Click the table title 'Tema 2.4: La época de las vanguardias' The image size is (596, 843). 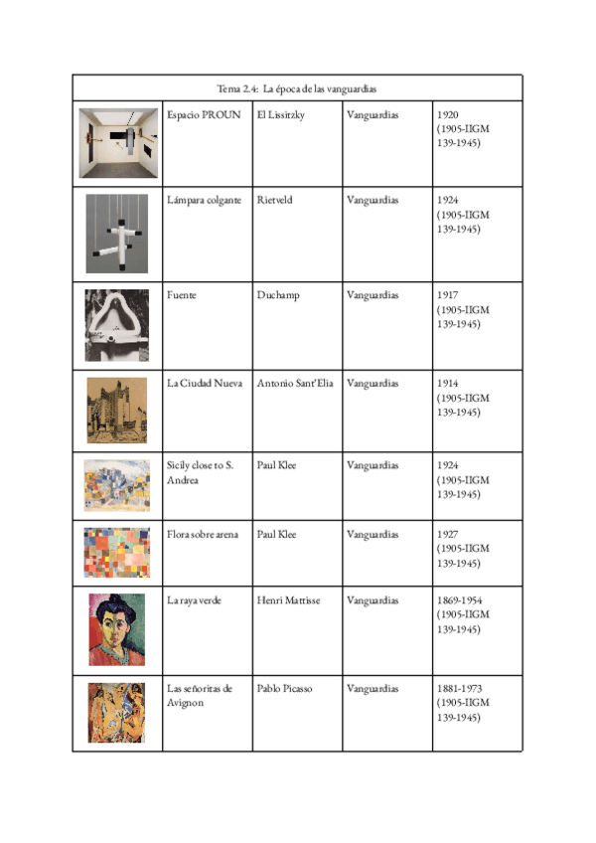296,89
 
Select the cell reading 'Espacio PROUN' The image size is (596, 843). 205,115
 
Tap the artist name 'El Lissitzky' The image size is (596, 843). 280,115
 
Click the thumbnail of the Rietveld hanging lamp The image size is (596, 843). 117,234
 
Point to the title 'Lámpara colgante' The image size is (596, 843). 204,200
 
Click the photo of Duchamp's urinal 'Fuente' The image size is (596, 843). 117,325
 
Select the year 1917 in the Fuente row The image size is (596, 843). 448,295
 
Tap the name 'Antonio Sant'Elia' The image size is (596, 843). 295,383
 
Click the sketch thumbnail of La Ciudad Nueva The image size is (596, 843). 117,410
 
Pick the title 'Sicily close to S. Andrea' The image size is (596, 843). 201,472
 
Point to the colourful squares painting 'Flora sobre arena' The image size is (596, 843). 117,552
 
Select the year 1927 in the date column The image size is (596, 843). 448,535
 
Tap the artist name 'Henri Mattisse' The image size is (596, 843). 288,600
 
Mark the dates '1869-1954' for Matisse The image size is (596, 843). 460,600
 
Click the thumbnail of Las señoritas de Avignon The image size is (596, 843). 116,713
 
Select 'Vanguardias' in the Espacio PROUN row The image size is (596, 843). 372,115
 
